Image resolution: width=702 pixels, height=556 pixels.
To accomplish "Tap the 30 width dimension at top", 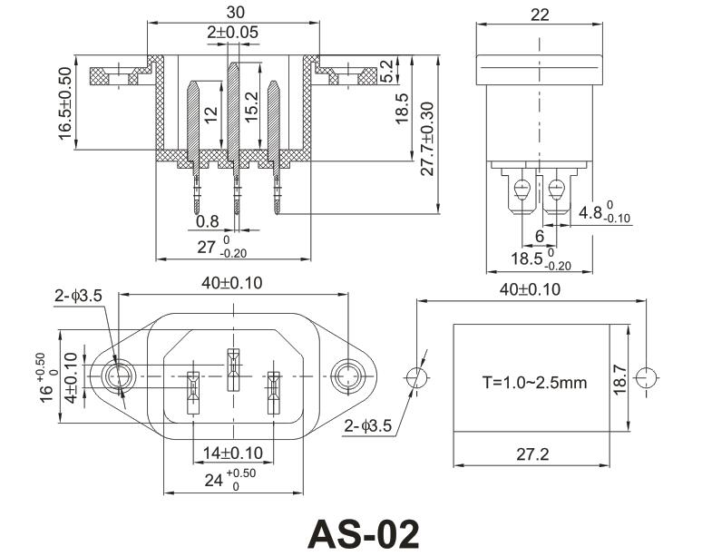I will [234, 13].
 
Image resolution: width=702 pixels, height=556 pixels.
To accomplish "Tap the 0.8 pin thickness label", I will [207, 221].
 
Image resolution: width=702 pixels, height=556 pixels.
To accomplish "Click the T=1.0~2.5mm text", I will [534, 382].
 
